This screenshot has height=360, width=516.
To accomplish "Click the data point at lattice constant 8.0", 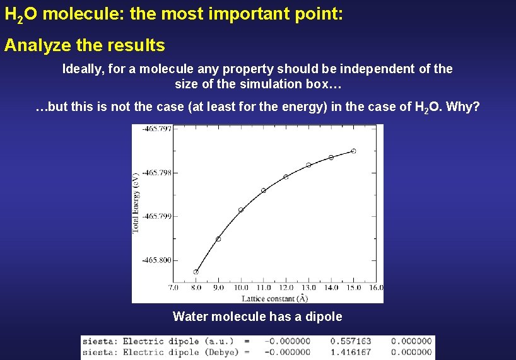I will pyautogui.click(x=196, y=272).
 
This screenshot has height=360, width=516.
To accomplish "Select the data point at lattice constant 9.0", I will pyautogui.click(x=218, y=239).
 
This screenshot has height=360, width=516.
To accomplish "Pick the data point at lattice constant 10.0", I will pyautogui.click(x=241, y=210).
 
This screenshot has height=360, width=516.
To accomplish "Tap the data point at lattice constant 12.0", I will pyautogui.click(x=286, y=177).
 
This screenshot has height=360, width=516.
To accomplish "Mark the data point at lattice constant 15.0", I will pyautogui.click(x=353, y=151).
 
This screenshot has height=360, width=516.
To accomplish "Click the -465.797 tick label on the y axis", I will pyautogui.click(x=156, y=129).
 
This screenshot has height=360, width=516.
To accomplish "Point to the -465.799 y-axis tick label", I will pyautogui.click(x=156, y=216).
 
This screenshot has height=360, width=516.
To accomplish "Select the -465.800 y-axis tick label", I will pyautogui.click(x=156, y=260).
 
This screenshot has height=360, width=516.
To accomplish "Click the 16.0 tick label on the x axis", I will pyautogui.click(x=375, y=287).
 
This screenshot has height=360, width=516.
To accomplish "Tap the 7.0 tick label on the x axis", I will pyautogui.click(x=173, y=287).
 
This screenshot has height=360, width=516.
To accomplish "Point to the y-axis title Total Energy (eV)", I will pyautogui.click(x=136, y=202).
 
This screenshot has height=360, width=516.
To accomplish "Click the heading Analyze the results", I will pyautogui.click(x=85, y=45).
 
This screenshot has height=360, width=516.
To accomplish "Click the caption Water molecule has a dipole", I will pyautogui.click(x=257, y=316).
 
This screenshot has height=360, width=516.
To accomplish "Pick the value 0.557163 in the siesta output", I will pyautogui.click(x=350, y=341).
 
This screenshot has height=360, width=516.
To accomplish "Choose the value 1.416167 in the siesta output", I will pyautogui.click(x=350, y=352).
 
